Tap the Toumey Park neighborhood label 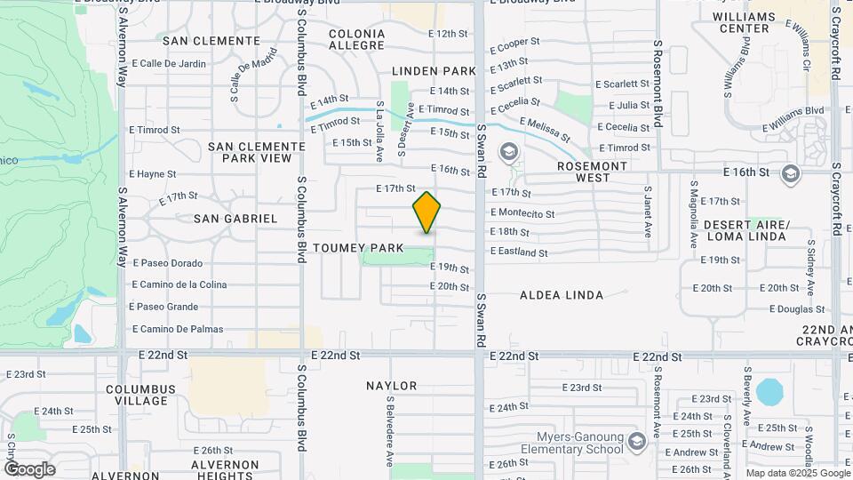[358, 247]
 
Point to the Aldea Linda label [561, 295]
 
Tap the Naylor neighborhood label [391, 386]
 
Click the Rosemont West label [592, 172]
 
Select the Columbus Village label [141, 396]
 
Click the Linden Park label [434, 70]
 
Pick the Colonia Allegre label [356, 39]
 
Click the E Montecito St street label [522, 214]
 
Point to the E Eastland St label [519, 252]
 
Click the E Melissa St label [545, 130]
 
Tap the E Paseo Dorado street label [167, 263]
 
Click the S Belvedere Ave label [389, 430]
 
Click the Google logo [29, 469]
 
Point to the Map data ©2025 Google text [798, 473]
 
